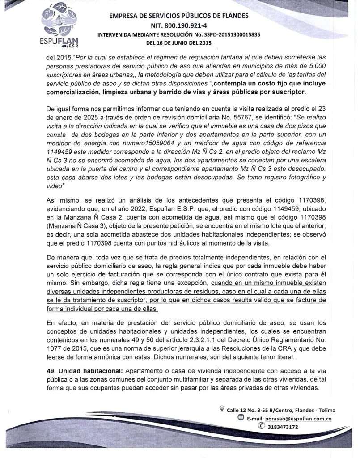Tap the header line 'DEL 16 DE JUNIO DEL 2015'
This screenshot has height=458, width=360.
[x=178, y=43]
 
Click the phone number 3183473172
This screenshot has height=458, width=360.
[x=283, y=427]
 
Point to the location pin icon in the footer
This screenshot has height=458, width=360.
[x=222, y=409]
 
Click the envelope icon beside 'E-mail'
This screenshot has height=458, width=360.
[x=241, y=419]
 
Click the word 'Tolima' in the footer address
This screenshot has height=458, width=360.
[x=326, y=410]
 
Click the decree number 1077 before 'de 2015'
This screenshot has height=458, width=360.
[x=54, y=341]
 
